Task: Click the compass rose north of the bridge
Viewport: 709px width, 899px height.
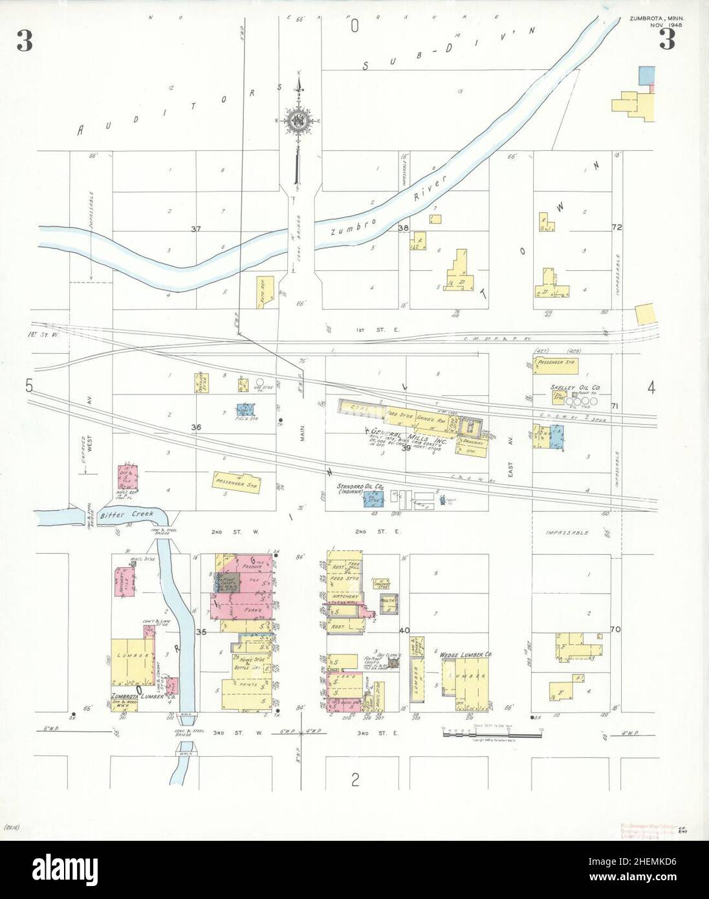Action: pyautogui.click(x=299, y=120)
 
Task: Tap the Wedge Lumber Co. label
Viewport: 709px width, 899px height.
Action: pyautogui.click(x=466, y=655)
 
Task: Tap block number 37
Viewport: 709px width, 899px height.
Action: pyautogui.click(x=196, y=229)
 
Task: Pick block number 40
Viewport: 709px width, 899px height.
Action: pyautogui.click(x=405, y=630)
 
